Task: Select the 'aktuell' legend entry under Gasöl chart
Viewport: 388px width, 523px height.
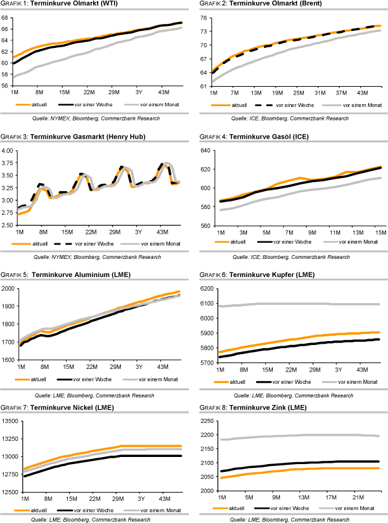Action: [x=239, y=241]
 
